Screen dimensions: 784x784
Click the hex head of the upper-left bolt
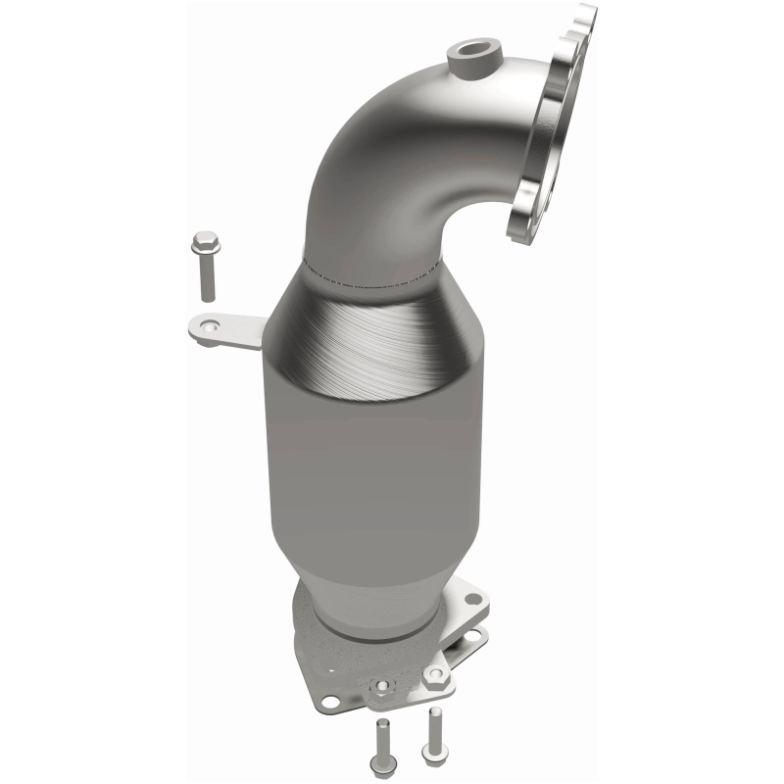[x=206, y=240]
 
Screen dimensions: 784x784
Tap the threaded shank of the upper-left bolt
[x=207, y=279]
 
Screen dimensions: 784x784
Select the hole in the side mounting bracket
[x=208, y=330]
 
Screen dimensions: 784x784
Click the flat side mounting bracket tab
[x=235, y=332]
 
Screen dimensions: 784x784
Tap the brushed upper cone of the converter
[x=377, y=333]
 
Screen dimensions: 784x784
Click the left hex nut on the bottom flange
[x=383, y=686]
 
